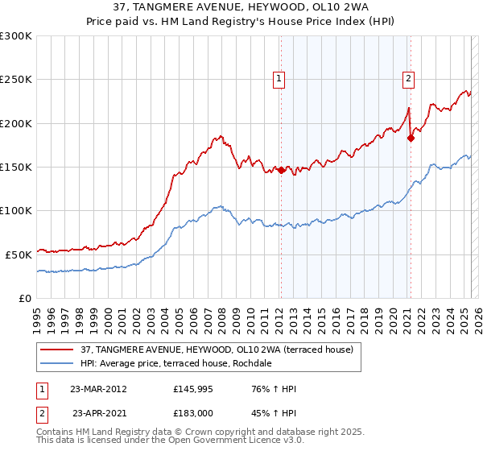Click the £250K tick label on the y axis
[16, 80]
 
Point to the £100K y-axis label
[16, 210]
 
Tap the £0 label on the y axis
[24, 297]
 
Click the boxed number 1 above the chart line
[279, 78]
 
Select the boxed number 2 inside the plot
[409, 78]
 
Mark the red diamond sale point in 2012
[281, 170]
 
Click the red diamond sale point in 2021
[411, 138]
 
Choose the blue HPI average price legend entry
[176, 363]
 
